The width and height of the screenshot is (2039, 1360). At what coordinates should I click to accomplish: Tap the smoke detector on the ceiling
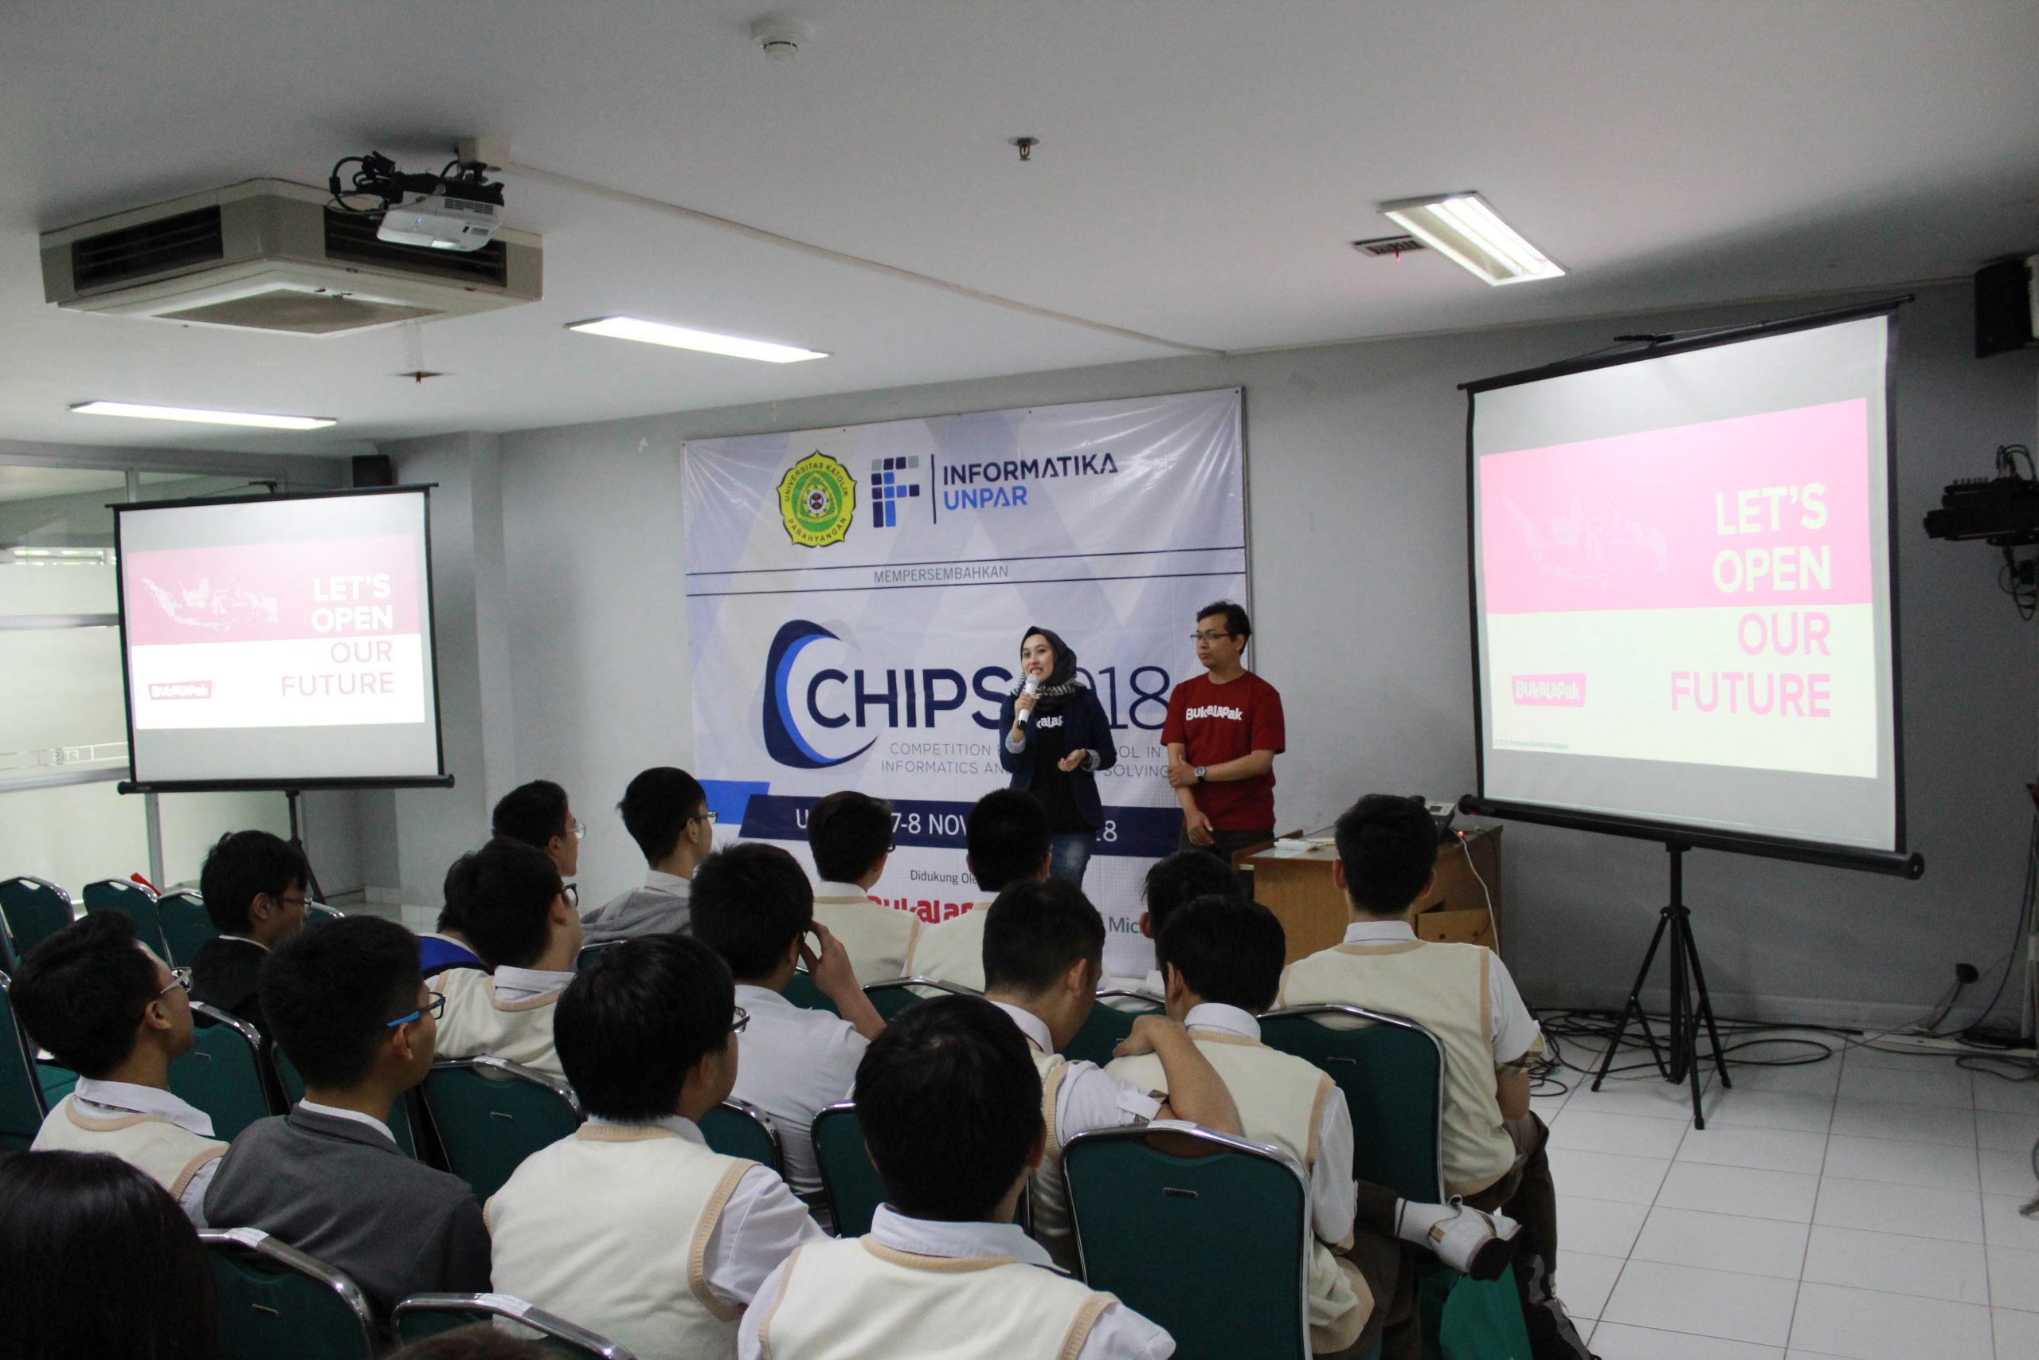pos(778,39)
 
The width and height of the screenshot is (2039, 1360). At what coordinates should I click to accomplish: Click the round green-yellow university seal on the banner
pos(815,499)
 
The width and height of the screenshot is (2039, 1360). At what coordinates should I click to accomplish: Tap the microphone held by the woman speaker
pos(1027,699)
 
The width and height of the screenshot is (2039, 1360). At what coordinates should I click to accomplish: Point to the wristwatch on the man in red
pos(1199,773)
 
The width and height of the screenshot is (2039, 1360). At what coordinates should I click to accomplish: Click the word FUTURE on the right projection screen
pos(1749,695)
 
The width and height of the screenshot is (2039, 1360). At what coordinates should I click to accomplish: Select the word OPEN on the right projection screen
pos(1771,570)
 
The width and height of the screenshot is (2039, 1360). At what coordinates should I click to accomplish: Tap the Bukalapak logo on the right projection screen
pos(1548,689)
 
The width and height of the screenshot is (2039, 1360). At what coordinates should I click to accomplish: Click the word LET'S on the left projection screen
pos(351,590)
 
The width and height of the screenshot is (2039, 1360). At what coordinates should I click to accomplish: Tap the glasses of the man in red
pos(1212,637)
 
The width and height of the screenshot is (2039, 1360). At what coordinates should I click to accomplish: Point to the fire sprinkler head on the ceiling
pos(1026,147)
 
